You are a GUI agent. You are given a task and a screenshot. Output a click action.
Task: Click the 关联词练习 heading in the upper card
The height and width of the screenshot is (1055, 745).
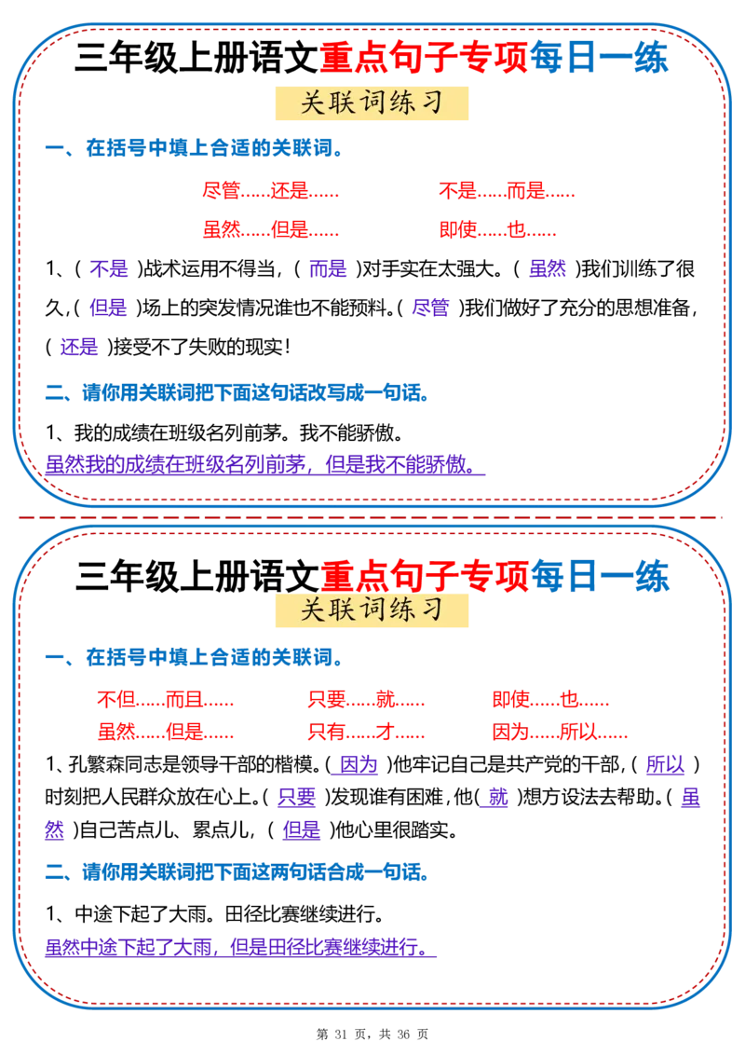370,103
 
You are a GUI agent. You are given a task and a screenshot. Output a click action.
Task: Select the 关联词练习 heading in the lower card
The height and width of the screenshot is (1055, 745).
370,610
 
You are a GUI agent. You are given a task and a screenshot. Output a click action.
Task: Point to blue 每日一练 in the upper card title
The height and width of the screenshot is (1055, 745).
599,59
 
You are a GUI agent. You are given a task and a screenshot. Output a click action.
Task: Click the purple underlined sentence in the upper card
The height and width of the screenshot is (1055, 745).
264,463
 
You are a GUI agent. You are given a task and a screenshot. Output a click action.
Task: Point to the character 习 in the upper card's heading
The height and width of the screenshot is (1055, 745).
430,103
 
